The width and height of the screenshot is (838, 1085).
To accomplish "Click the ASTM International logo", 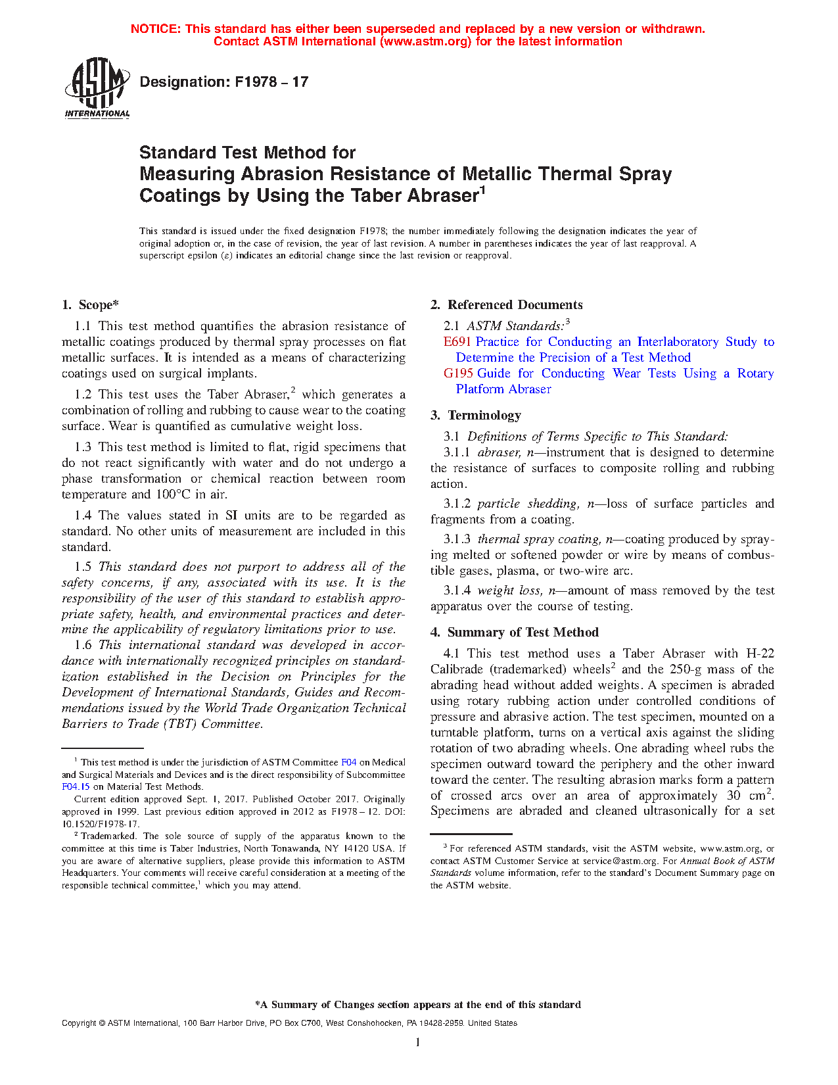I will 97,88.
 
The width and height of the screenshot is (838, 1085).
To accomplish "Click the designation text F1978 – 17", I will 223,82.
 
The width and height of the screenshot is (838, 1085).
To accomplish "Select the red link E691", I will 457,342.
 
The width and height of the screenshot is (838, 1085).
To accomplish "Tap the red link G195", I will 458,374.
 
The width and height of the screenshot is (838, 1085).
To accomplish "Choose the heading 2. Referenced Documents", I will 506,305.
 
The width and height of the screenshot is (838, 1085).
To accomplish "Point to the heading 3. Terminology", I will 476,416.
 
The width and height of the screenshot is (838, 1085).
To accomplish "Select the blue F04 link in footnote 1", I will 348,763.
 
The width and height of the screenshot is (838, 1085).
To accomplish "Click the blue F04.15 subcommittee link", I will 76,786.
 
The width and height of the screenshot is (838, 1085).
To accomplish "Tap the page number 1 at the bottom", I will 418,1042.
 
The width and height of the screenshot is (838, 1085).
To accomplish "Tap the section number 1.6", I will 83,645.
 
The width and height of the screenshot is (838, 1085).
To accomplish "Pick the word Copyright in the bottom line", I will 79,1023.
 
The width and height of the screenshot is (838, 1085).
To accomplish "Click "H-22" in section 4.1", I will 760,654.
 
